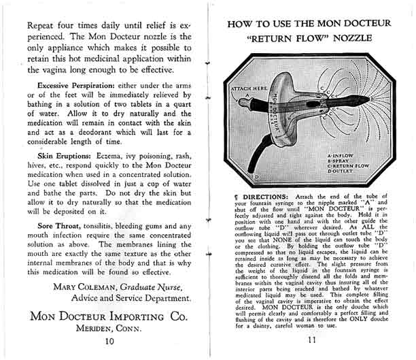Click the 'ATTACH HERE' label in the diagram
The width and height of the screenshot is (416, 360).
pyautogui.click(x=248, y=88)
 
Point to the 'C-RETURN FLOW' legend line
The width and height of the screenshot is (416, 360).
pyautogui.click(x=349, y=167)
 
